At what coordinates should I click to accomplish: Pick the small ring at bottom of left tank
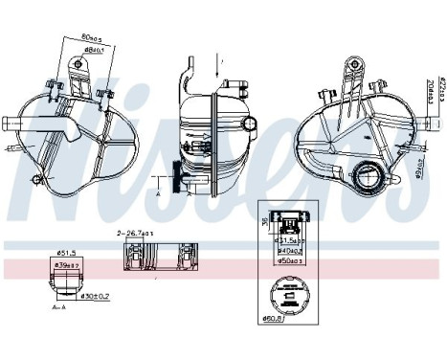37,179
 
